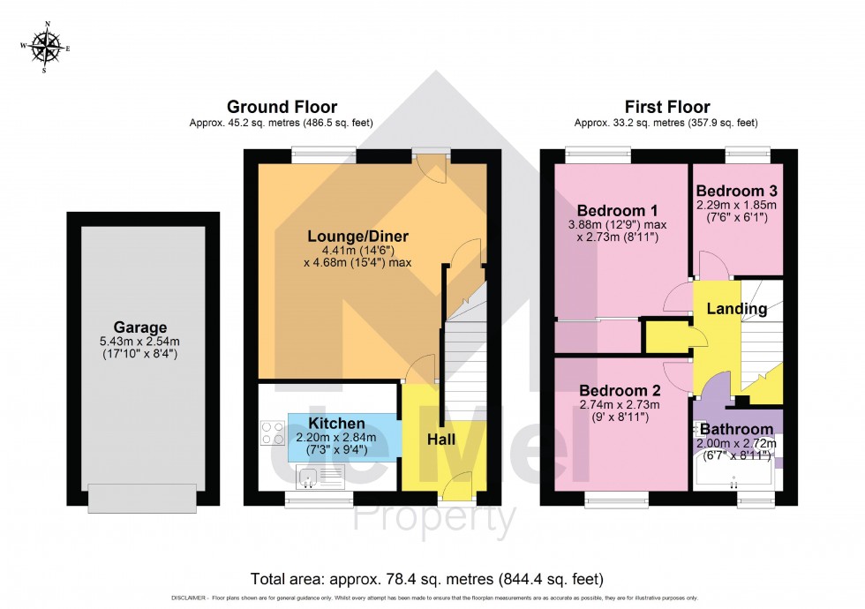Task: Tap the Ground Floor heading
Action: click(282, 107)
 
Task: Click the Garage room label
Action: click(142, 327)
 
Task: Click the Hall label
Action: click(441, 439)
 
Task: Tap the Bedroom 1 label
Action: click(618, 211)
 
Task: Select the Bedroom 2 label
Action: click(620, 390)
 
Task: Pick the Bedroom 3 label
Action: click(737, 191)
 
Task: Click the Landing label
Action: click(737, 310)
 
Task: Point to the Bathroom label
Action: click(737, 428)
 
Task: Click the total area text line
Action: click(427, 580)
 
